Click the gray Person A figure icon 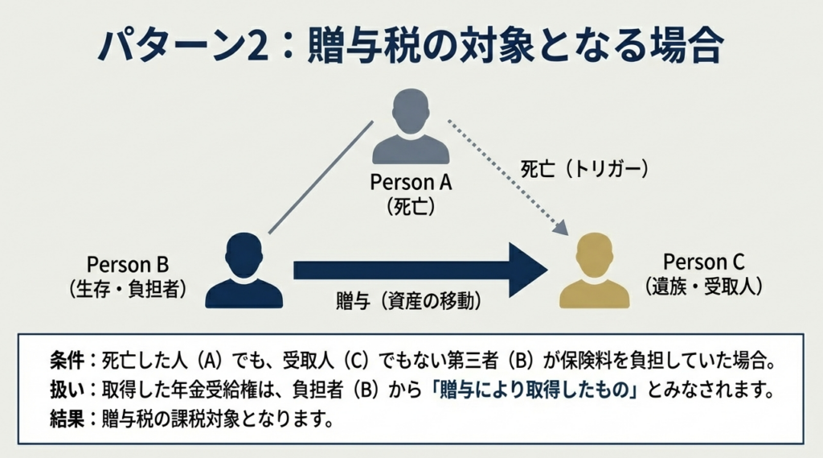411,129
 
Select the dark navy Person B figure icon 244,271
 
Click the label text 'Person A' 411,182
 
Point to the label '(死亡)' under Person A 411,205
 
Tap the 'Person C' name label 704,262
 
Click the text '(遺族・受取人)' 704,285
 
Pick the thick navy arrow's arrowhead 526,270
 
